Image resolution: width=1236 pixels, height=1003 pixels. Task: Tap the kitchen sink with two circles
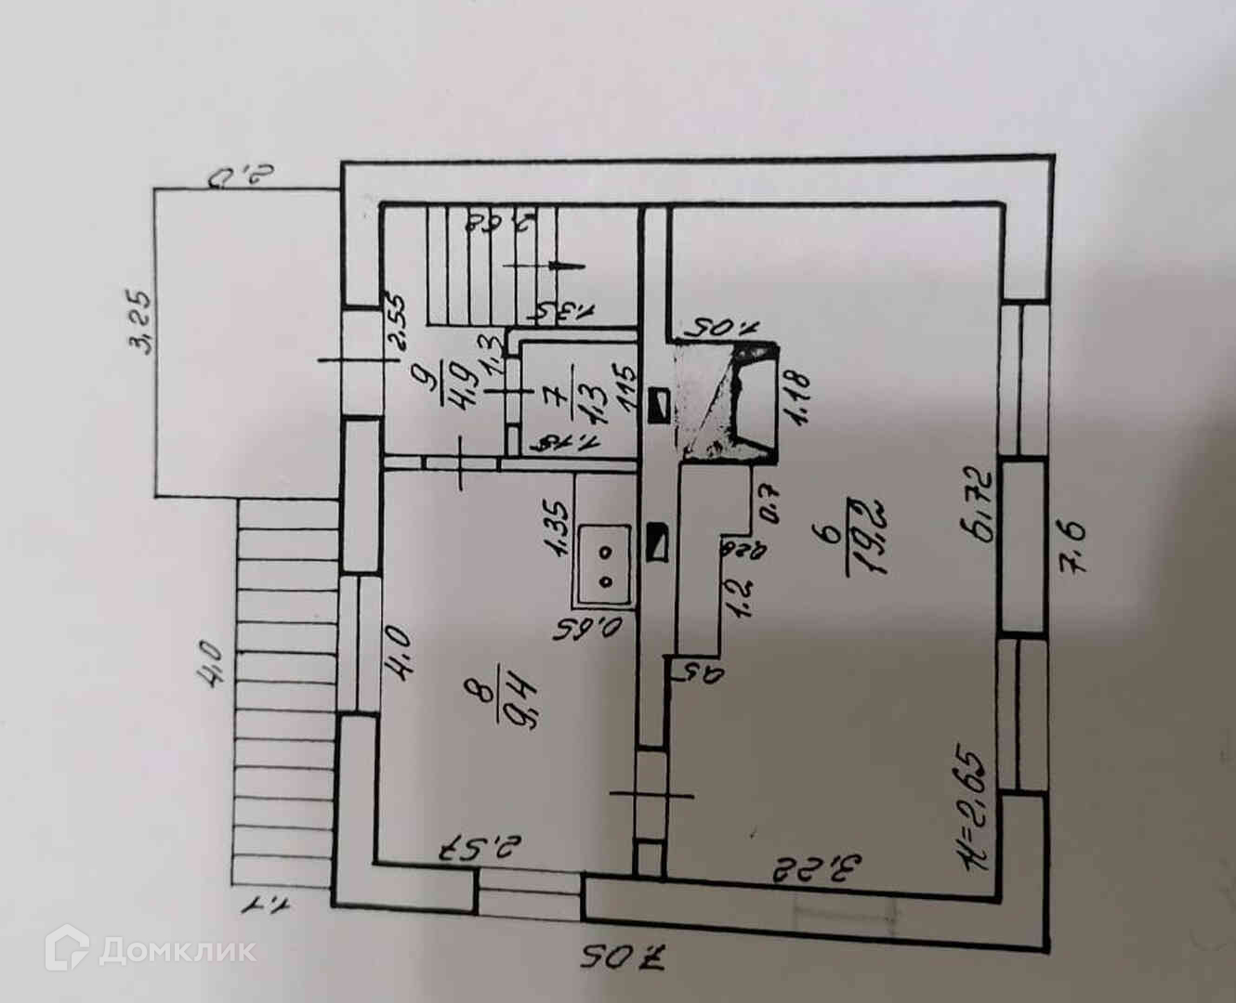point(605,565)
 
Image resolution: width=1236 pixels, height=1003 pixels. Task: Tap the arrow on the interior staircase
point(559,265)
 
